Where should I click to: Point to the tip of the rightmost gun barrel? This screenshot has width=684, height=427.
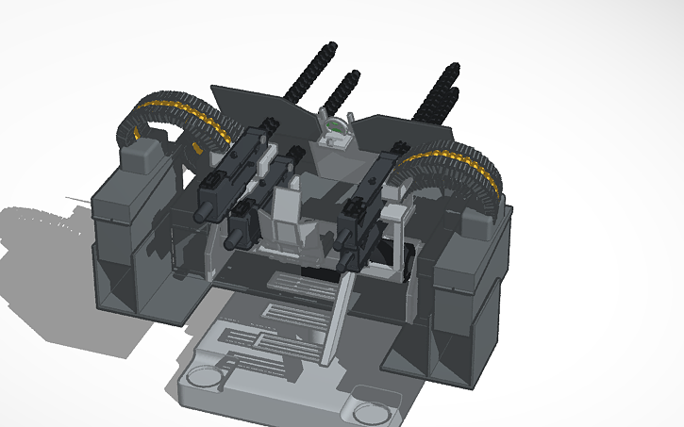click(456, 66)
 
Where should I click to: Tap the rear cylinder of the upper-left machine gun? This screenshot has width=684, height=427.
click(205, 213)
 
